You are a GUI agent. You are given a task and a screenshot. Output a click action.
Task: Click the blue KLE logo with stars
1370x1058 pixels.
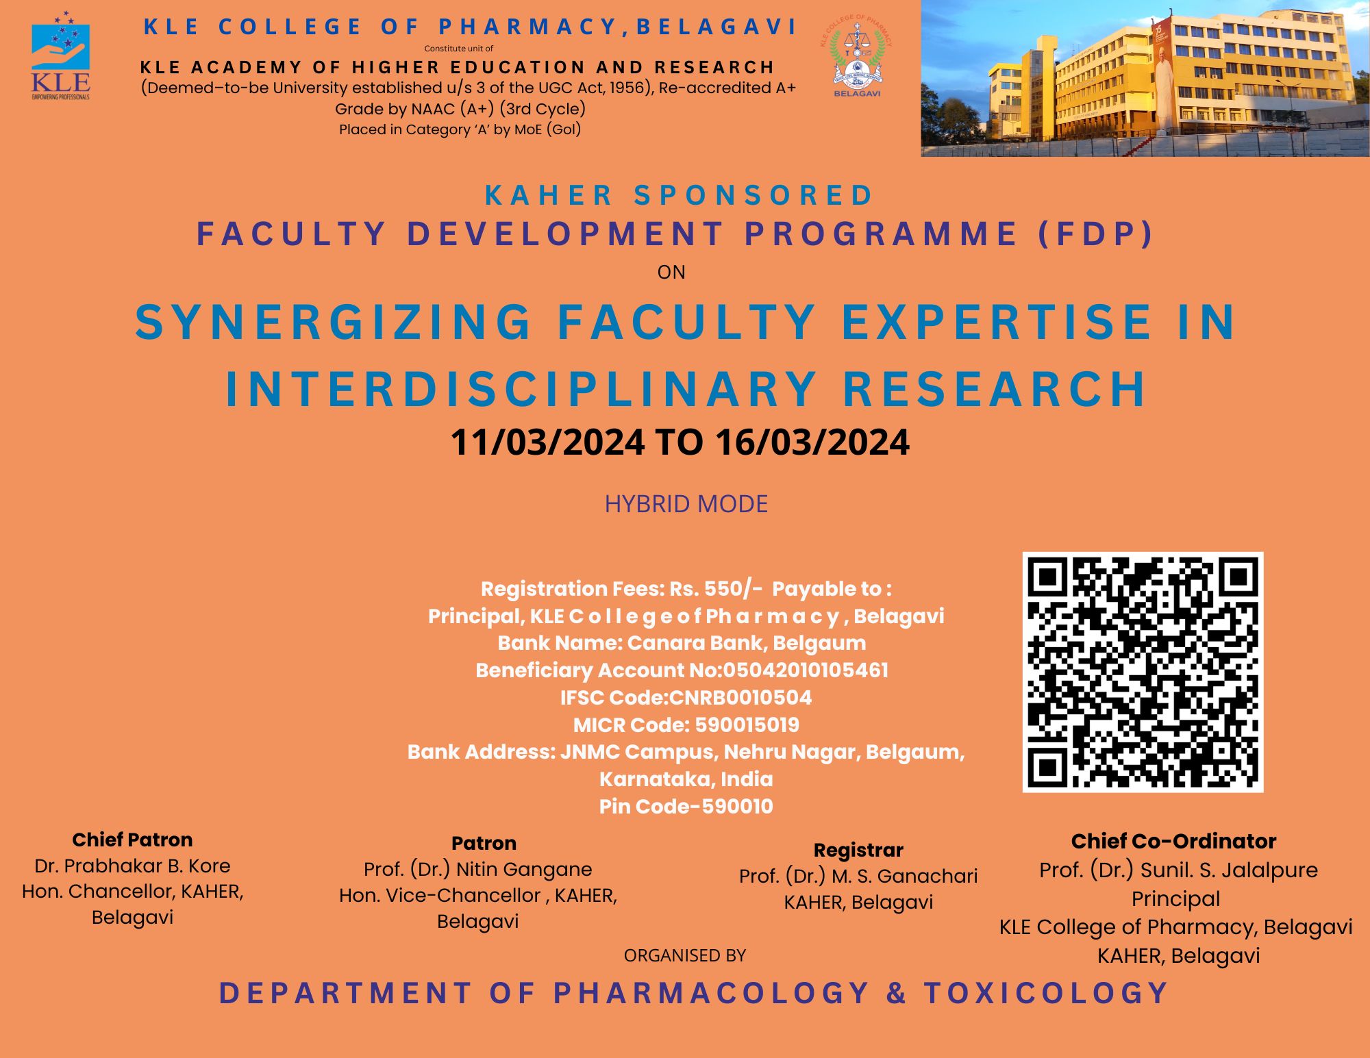(60, 55)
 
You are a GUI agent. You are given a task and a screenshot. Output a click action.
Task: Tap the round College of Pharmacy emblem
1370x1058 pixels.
(856, 56)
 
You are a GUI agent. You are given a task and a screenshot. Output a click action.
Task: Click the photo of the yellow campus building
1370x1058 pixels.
(1145, 78)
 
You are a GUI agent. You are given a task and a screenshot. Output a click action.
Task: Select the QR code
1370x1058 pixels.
(1143, 672)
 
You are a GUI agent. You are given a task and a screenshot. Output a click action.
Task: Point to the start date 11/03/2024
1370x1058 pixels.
(547, 442)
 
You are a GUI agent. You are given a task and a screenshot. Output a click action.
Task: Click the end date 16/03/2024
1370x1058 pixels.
(812, 442)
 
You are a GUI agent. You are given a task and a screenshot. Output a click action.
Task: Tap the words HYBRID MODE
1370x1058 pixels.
(686, 504)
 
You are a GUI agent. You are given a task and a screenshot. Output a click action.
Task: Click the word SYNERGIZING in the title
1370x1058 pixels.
(334, 322)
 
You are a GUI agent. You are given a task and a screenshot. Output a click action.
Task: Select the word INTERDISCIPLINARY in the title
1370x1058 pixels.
(521, 389)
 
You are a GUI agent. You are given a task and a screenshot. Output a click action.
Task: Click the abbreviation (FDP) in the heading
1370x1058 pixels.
(1096, 234)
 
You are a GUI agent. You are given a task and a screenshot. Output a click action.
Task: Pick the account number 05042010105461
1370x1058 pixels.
(806, 670)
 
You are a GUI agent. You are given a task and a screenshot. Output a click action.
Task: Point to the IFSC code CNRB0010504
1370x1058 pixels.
(740, 697)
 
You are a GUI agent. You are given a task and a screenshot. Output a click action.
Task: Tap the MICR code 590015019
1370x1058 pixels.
(747, 725)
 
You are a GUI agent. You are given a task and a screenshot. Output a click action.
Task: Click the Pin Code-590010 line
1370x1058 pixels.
(686, 806)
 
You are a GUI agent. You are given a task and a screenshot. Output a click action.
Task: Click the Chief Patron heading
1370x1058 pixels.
(132, 840)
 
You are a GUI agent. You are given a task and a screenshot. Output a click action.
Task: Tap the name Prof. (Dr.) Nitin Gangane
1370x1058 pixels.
(477, 869)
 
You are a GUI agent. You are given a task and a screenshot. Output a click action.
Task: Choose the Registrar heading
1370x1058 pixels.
(858, 851)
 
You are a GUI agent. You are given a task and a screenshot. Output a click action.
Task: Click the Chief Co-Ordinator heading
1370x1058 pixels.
(1173, 841)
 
